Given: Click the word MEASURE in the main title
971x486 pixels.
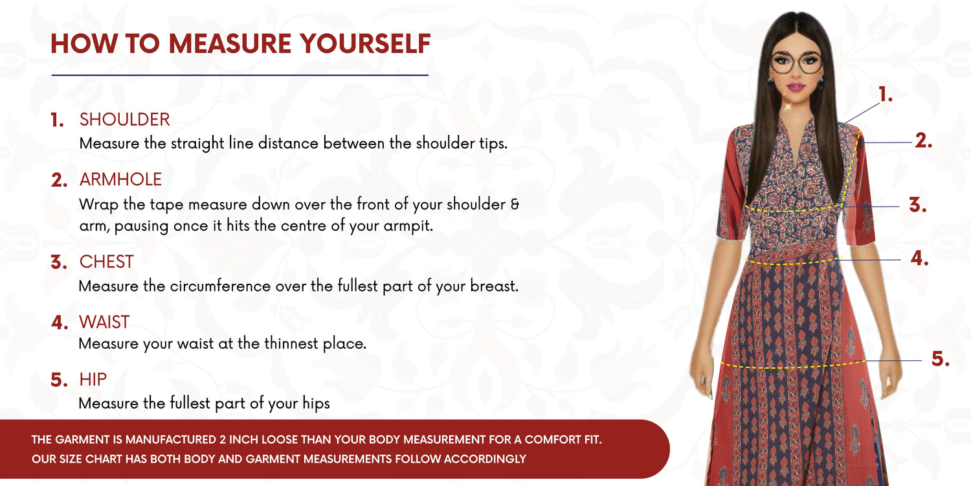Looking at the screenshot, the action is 230,43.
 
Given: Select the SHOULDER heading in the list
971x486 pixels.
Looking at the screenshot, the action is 124,119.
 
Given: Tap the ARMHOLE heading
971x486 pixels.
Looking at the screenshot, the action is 120,179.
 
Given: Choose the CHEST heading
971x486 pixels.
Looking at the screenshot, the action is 106,262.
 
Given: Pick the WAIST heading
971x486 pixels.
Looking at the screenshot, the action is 104,322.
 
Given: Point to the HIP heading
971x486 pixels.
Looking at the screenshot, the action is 93,380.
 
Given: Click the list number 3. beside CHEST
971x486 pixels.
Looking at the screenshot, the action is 59,262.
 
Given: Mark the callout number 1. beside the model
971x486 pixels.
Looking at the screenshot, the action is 886,94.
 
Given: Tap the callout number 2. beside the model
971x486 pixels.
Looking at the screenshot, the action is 924,141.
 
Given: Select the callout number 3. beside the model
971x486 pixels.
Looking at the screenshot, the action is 918,204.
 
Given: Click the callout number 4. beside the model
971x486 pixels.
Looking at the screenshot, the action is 919,258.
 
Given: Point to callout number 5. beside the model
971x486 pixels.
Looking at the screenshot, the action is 940,359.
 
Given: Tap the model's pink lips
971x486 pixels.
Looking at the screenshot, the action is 796,87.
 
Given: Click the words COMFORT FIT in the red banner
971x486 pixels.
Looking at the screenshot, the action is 563,439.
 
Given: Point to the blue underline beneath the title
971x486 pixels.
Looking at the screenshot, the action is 240,75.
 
